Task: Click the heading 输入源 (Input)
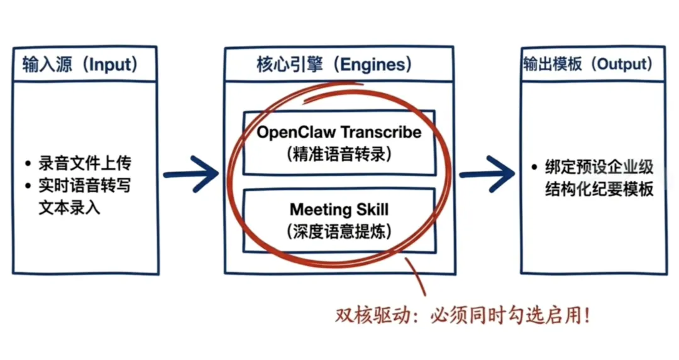click(80, 64)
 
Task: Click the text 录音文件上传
click(84, 165)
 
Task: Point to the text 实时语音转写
click(84, 186)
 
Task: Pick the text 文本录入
click(69, 207)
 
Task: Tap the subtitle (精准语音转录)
click(339, 155)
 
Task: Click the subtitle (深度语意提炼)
click(339, 231)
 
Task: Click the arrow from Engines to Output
click(485, 174)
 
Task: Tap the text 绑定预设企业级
click(599, 168)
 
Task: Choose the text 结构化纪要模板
click(599, 188)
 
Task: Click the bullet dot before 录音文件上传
click(28, 166)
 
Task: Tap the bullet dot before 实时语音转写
click(28, 187)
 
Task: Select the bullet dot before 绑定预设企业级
click(534, 168)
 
